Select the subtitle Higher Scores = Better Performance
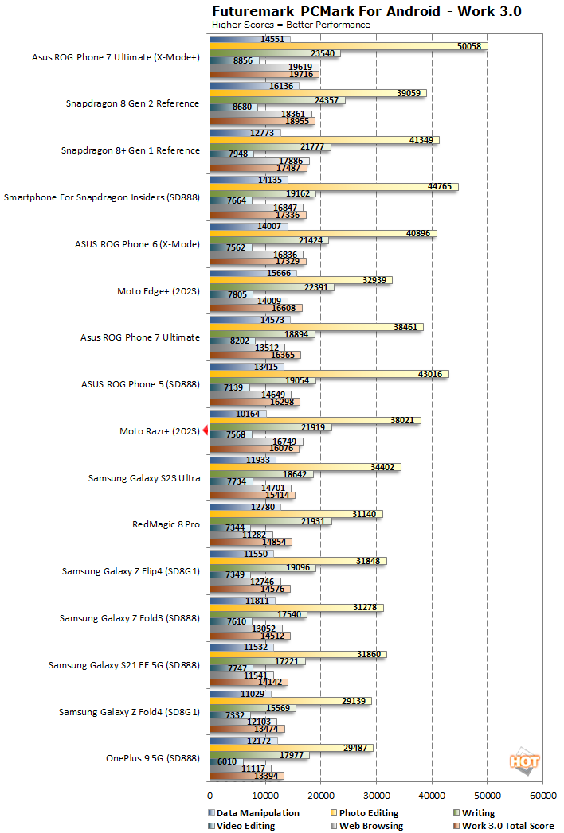pyautogui.click(x=291, y=25)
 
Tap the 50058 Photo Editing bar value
pyautogui.click(x=469, y=46)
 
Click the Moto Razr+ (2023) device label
pyautogui.click(x=159, y=430)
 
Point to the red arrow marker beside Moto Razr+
pyautogui.click(x=205, y=430)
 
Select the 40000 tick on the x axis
pyautogui.click(x=432, y=795)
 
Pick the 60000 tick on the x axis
pyautogui.click(x=542, y=795)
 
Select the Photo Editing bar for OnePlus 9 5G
pyautogui.click(x=291, y=748)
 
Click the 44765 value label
pyautogui.click(x=440, y=186)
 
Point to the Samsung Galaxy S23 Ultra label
pyautogui.click(x=144, y=477)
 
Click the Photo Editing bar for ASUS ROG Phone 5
pyautogui.click(x=328, y=374)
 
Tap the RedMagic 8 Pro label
pyautogui.click(x=166, y=524)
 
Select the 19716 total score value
pyautogui.click(x=300, y=75)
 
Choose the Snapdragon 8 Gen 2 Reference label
pyautogui.click(x=132, y=103)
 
